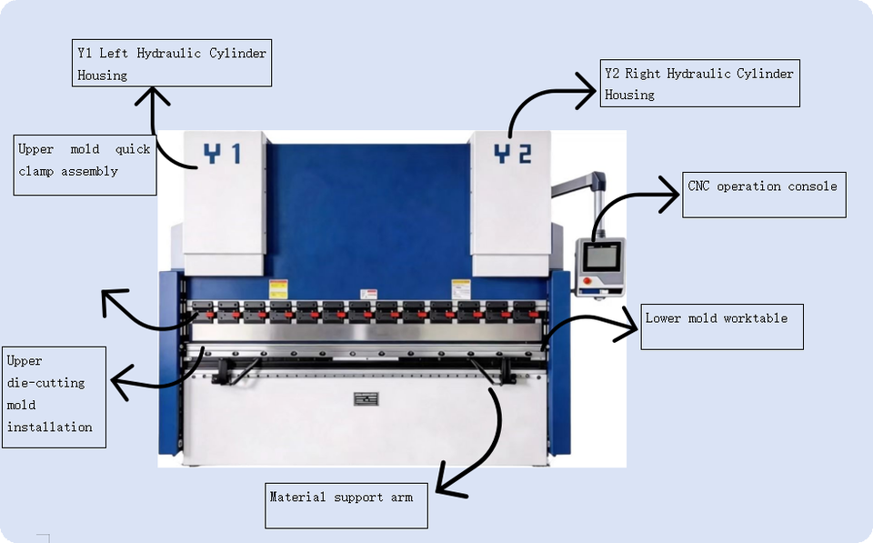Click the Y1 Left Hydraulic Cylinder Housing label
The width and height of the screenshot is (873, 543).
tap(172, 63)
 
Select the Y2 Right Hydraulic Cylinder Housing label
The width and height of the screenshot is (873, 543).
tap(700, 83)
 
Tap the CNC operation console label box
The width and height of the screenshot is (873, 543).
tap(764, 195)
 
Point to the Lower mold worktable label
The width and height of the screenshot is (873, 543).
tap(722, 327)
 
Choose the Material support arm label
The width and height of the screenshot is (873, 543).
tap(346, 506)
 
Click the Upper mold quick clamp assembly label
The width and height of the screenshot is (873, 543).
tap(85, 165)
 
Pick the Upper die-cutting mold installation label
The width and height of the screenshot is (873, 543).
tap(54, 397)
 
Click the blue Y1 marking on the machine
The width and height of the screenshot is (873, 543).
tap(222, 153)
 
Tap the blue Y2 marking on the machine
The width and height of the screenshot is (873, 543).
tap(513, 153)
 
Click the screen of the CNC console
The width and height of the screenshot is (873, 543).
tap(599, 256)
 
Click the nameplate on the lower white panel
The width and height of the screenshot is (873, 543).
tap(366, 398)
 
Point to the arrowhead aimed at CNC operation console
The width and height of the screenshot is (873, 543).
tap(670, 195)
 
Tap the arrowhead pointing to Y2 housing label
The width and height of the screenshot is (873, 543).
tap(587, 90)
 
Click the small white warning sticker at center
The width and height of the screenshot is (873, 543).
tap(368, 294)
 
